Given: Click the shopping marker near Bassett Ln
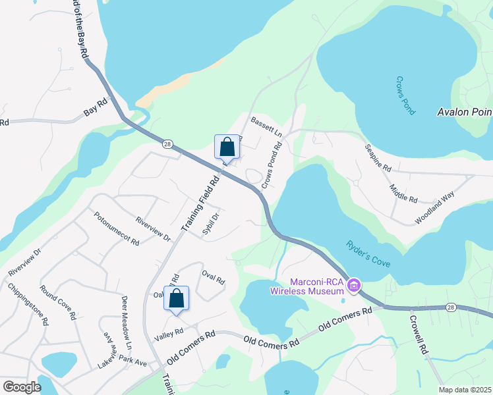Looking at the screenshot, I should point(226,147).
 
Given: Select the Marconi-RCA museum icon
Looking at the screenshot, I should point(353,285).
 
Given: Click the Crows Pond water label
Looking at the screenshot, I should point(405,96).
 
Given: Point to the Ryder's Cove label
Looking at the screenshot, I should point(368,253).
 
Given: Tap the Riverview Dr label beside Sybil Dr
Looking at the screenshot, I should point(153,228).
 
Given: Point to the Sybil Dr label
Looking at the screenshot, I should point(210,224).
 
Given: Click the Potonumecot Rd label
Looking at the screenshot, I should point(116,228).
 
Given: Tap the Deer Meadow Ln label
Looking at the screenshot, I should point(127,323).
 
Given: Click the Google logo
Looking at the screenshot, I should point(22,387).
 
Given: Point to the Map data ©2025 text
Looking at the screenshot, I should point(464,390).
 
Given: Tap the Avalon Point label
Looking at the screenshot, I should point(465,112).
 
